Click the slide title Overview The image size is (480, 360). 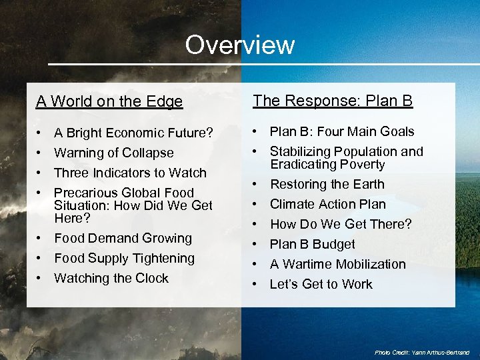(x=239, y=45)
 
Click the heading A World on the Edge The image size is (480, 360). (x=109, y=101)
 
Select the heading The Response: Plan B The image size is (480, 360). (x=333, y=101)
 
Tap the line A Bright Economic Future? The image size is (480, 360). (x=133, y=133)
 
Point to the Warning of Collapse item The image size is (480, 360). (x=113, y=153)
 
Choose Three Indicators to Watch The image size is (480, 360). (x=130, y=173)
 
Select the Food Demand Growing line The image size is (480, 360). (x=123, y=238)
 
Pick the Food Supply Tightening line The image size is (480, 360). (x=124, y=258)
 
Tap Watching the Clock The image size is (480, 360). (x=111, y=278)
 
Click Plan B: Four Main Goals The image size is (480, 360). (x=342, y=131)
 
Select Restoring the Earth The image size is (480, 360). (x=327, y=184)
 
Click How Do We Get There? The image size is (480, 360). (x=341, y=224)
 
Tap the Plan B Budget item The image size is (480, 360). (x=312, y=244)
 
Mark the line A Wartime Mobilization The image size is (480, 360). (x=337, y=264)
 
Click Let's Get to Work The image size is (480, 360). (x=321, y=284)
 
